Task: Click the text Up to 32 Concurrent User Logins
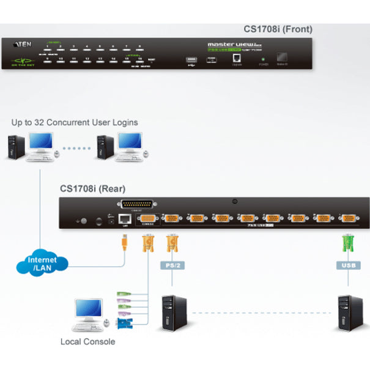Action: click(75, 122)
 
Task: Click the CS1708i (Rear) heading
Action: click(92, 189)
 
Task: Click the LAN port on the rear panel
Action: click(124, 218)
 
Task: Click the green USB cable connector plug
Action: click(347, 247)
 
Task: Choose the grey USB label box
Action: click(347, 266)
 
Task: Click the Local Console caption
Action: click(87, 341)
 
